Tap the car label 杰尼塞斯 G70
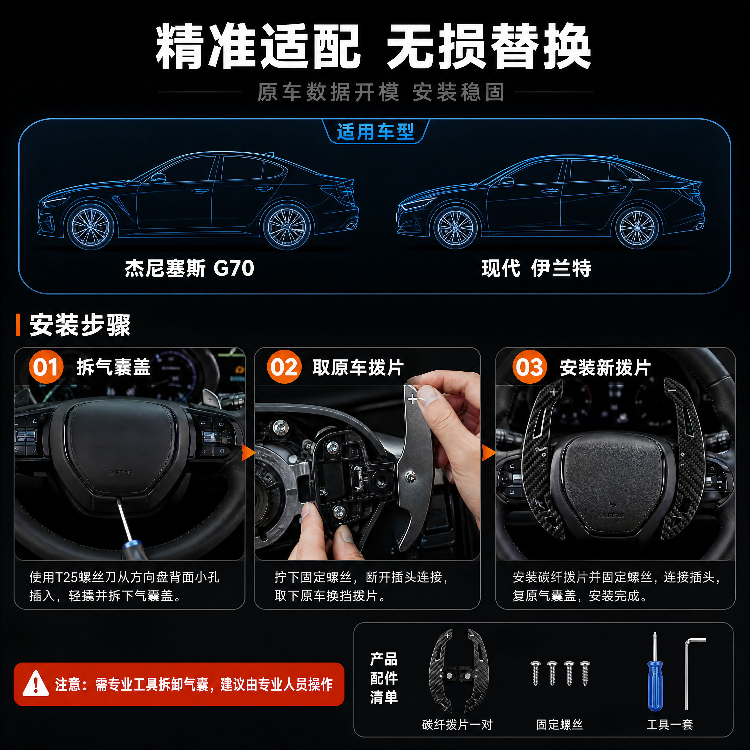(x=189, y=268)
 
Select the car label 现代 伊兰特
(x=536, y=268)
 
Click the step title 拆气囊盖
(x=113, y=367)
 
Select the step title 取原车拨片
(x=358, y=367)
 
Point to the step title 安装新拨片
(x=605, y=367)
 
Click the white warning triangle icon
(x=36, y=684)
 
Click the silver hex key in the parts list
(x=691, y=673)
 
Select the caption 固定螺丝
(x=559, y=724)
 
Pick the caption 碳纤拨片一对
(x=457, y=724)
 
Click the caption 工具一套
(x=670, y=724)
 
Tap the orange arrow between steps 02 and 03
(x=488, y=453)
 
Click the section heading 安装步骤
(x=80, y=325)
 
